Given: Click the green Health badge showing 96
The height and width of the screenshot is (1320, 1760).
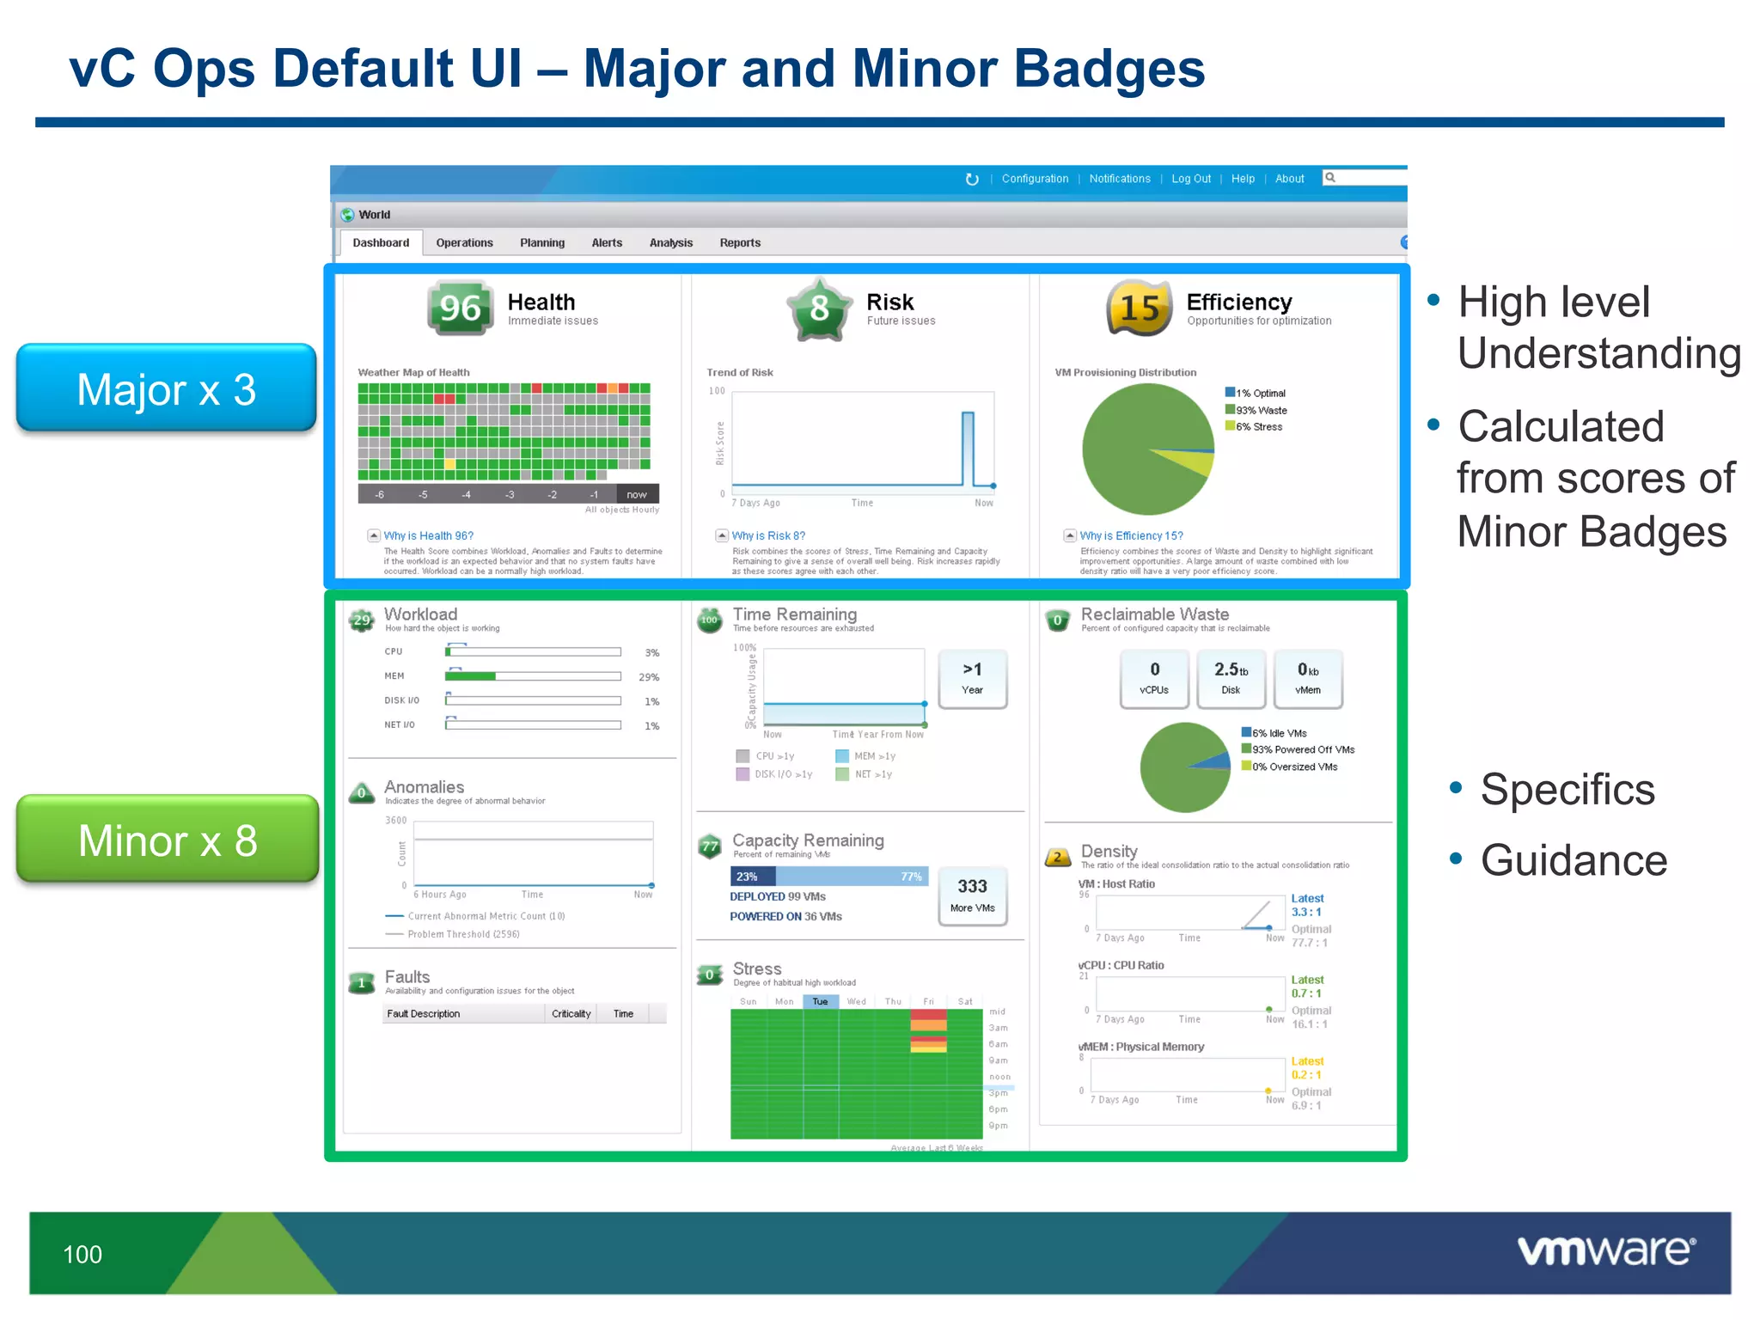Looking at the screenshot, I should point(460,308).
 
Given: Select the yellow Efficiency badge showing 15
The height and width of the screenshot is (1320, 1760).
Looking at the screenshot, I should point(1140,308).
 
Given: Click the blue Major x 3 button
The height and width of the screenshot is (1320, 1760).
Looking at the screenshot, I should point(167,388).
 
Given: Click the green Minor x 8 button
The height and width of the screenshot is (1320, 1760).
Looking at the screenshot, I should point(168,840).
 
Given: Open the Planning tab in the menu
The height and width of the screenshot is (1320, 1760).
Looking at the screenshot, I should point(542,243).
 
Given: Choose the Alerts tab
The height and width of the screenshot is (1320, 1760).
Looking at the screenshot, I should point(607,243).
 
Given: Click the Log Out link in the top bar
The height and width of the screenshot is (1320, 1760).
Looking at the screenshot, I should point(1190,179).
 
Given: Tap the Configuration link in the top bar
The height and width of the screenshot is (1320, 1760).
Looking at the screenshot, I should point(1035,179).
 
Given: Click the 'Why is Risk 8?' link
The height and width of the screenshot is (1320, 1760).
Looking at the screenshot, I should point(768,535).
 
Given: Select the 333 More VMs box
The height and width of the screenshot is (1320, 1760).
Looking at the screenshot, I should point(972,895).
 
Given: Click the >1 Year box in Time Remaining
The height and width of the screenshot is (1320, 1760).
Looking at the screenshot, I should point(972,678).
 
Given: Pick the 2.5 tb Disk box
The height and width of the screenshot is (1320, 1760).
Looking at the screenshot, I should point(1231,678).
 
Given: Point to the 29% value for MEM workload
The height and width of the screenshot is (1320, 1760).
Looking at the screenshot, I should point(649,677).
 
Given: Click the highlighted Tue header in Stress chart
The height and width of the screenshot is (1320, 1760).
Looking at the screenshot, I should point(820,1001).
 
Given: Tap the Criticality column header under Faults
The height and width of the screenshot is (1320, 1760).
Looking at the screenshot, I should point(571,1014).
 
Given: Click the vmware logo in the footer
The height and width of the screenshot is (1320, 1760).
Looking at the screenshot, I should point(1606,1250).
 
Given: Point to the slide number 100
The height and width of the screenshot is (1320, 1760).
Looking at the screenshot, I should point(82,1255).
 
